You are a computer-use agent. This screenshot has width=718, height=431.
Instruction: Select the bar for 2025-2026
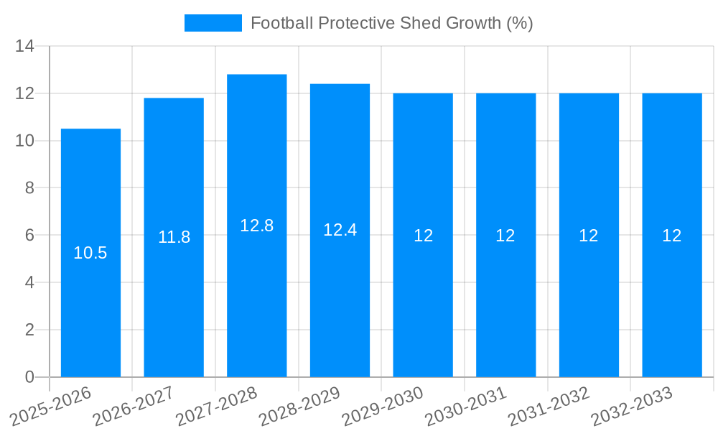pyautogui.click(x=90, y=287)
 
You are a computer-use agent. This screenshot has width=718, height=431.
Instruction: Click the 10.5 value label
pyautogui.click(x=90, y=253)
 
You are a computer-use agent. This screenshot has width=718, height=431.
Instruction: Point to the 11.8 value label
pyautogui.click(x=174, y=237)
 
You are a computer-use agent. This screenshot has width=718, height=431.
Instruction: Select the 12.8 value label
pyautogui.click(x=256, y=226)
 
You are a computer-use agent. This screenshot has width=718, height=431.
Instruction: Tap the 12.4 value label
pyautogui.click(x=340, y=230)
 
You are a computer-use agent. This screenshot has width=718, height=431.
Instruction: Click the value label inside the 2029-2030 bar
pyautogui.click(x=423, y=236)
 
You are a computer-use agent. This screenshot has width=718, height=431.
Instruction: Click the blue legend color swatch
pyautogui.click(x=213, y=23)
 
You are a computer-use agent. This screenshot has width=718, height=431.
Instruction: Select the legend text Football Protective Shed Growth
pyautogui.click(x=391, y=23)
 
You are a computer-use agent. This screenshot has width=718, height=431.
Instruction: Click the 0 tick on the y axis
pyautogui.click(x=29, y=377)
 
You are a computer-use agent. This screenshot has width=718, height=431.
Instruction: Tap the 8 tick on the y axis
pyautogui.click(x=29, y=188)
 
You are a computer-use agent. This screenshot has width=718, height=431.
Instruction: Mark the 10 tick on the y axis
pyautogui.click(x=25, y=141)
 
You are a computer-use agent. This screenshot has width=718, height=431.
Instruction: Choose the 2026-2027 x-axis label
pyautogui.click(x=134, y=407)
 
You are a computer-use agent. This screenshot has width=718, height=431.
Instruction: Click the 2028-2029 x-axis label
pyautogui.click(x=299, y=407)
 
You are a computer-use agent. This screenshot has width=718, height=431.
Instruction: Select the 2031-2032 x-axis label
pyautogui.click(x=549, y=407)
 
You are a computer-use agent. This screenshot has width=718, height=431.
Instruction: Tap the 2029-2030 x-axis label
pyautogui.click(x=383, y=407)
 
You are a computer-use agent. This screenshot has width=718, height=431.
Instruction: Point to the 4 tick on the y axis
pyautogui.click(x=29, y=282)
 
